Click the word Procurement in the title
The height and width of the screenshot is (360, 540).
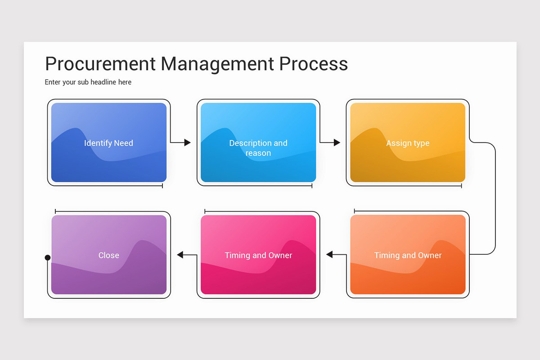pos(100,64)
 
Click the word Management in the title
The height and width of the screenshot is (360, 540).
pos(217,64)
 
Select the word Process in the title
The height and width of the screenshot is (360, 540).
pos(313,64)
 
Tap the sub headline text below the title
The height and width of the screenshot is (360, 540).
pos(88,82)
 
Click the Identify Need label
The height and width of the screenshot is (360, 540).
pos(108,143)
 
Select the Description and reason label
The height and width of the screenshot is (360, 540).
pos(258,148)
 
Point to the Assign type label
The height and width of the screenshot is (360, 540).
pos(408,143)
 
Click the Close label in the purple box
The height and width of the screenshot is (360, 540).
pos(109,255)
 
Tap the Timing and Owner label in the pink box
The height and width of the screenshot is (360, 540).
pos(258,255)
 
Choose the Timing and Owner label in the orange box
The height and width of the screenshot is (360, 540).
pos(408,255)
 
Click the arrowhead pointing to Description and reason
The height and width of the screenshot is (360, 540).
pos(187,143)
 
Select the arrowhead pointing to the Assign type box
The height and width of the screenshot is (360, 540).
pos(337,143)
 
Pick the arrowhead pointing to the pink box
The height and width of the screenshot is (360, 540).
pos(329,255)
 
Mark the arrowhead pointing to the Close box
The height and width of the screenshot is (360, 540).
pos(180,255)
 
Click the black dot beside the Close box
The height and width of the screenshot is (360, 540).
pos(48,258)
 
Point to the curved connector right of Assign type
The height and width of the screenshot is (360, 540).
pos(495,198)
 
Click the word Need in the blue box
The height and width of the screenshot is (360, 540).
pos(123,143)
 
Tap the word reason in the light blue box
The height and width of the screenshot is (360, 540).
pos(258,153)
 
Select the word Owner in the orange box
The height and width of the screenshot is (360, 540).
pos(430,255)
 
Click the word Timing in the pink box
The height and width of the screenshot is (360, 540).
pos(237,255)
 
